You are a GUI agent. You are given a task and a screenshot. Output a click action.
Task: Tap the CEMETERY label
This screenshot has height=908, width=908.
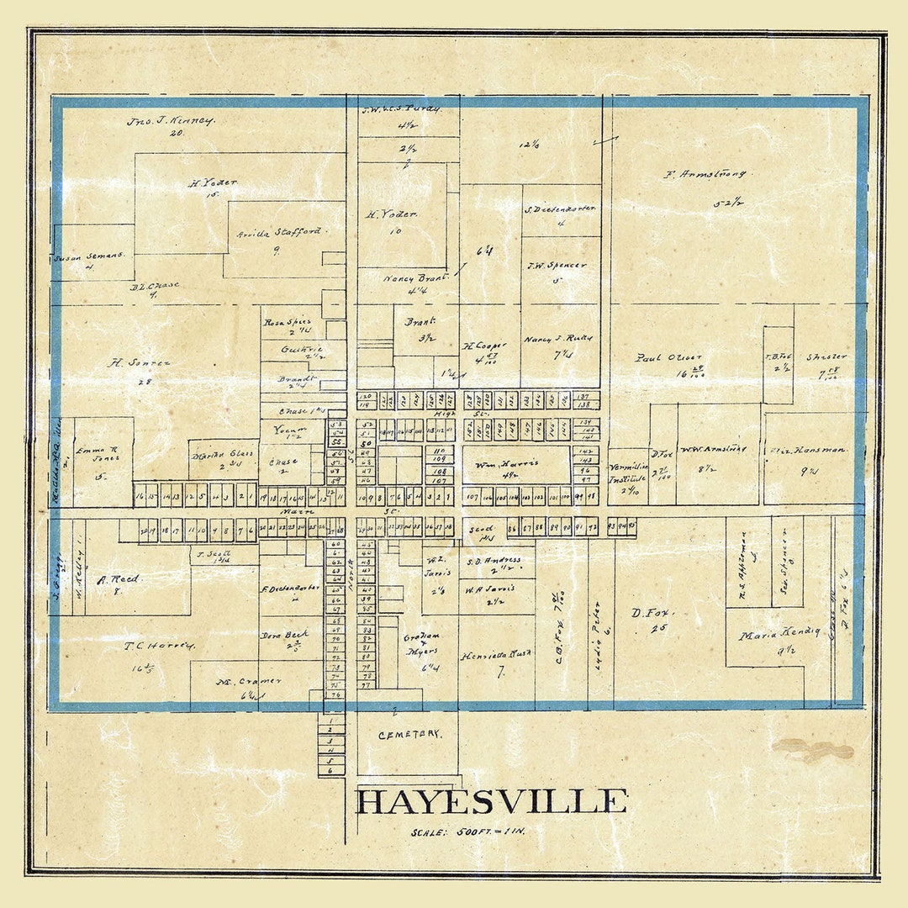pos(409,734)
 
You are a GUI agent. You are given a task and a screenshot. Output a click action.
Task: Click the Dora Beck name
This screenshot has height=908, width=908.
pos(284,635)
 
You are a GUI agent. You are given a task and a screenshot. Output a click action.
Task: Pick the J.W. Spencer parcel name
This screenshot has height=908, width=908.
pos(557,266)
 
